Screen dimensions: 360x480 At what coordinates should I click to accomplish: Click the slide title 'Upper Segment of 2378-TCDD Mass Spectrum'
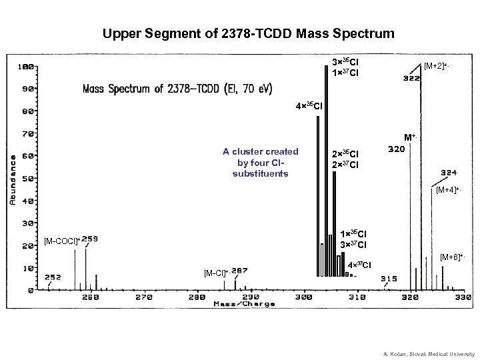tap(249, 33)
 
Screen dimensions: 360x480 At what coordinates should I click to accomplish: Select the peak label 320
tap(396, 149)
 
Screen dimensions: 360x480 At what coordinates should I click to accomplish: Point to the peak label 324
tap(448, 172)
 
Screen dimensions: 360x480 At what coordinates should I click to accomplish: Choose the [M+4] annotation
tap(448, 191)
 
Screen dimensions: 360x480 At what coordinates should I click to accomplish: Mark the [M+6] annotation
tap(453, 257)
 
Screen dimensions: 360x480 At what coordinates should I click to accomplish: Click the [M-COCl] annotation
tap(61, 240)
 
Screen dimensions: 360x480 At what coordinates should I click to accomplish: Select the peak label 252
tap(53, 277)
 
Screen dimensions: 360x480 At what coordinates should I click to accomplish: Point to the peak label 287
tap(240, 270)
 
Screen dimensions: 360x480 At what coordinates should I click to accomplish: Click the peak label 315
tap(389, 279)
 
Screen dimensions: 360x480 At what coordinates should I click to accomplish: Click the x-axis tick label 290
tap(251, 297)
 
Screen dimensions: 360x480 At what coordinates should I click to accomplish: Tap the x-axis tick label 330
tap(463, 297)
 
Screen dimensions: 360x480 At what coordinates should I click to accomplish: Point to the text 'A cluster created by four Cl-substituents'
tap(260, 162)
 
